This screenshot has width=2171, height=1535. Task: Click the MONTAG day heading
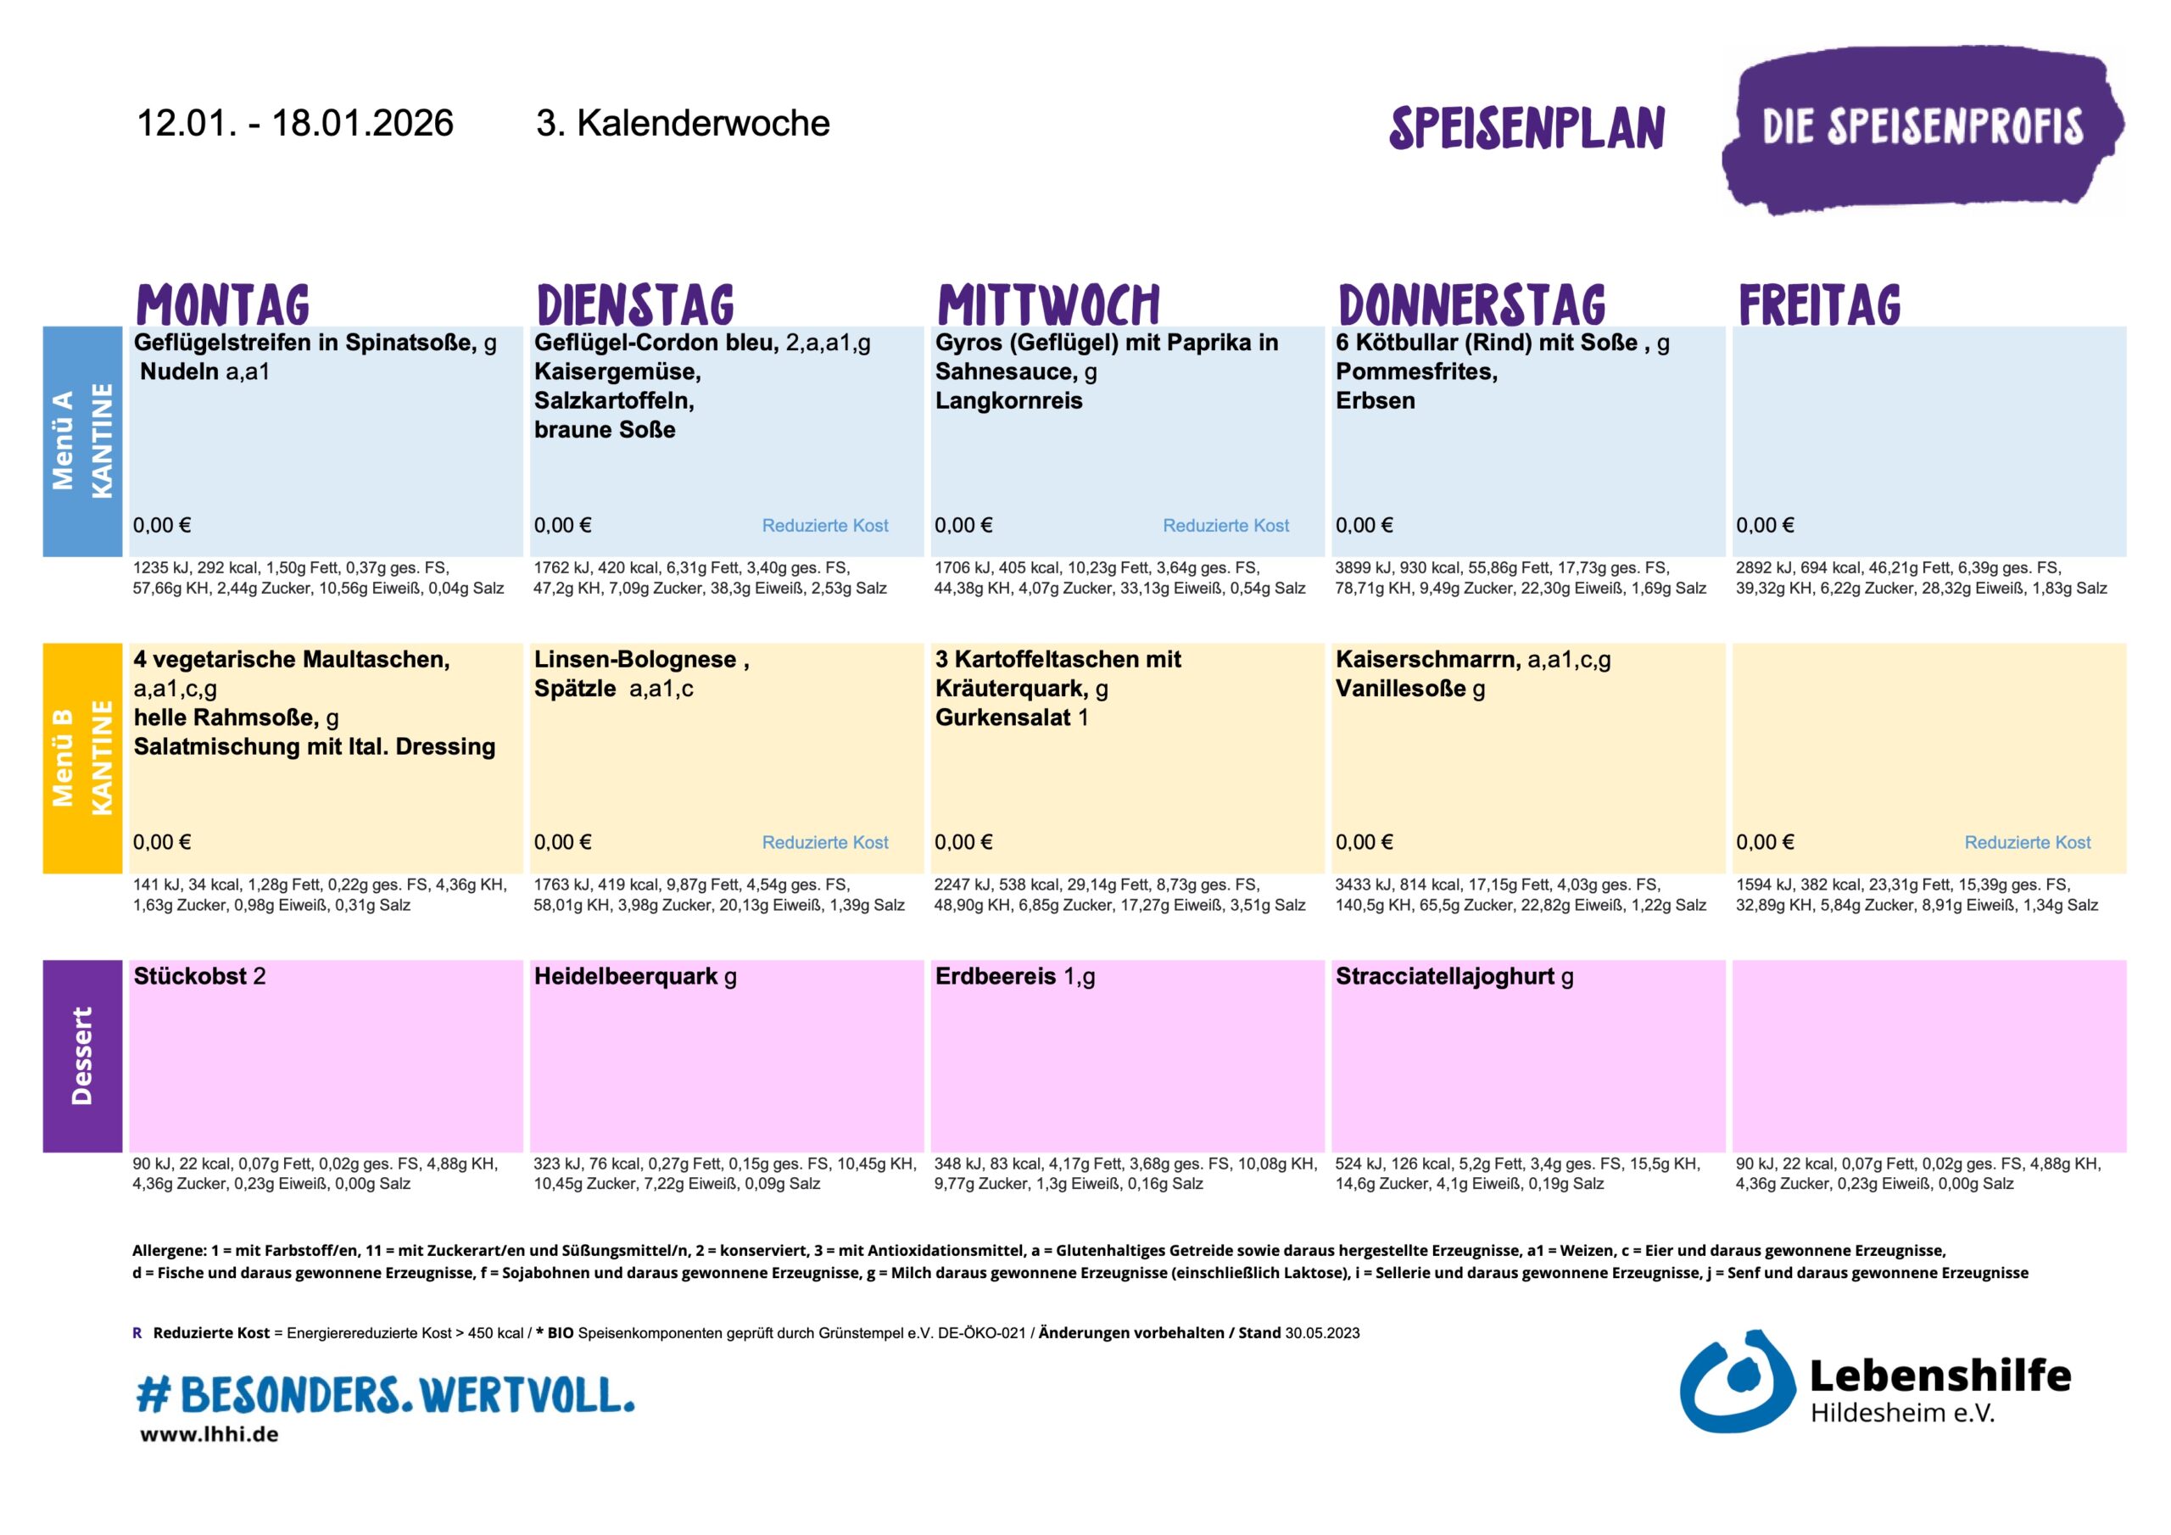223,304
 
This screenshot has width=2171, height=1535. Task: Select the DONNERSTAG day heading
1471,304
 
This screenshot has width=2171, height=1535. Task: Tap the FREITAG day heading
1819,304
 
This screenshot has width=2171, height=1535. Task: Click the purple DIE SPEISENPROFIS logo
1922,129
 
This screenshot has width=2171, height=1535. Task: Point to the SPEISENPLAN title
1526,129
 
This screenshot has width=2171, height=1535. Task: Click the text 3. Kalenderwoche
683,123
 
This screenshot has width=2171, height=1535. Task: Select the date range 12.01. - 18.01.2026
295,123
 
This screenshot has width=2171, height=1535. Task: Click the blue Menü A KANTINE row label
82,441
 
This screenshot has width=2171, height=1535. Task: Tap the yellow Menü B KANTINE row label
82,757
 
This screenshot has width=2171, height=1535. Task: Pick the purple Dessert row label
82,1056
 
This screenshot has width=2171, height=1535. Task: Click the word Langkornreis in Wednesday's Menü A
1009,400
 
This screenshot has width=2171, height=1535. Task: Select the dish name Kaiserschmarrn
1427,659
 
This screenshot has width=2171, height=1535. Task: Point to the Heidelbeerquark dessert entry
626,976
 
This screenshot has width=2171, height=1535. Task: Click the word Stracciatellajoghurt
1444,976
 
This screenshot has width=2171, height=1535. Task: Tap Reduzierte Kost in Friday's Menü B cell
2028,842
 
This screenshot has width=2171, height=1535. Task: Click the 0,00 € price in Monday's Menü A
162,525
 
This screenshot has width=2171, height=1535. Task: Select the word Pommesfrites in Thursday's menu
1415,371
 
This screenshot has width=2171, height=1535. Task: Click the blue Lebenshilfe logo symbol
1736,1381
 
